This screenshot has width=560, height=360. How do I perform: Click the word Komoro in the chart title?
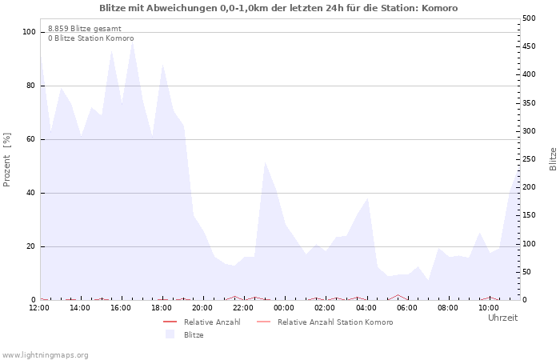[439, 8]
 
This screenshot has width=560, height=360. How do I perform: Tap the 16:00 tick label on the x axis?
[121, 308]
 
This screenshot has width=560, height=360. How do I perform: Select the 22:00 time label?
[243, 308]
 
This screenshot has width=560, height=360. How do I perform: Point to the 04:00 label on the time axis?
[366, 308]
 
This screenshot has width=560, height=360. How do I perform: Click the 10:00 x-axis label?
[489, 308]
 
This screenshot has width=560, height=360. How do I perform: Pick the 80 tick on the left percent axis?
[31, 86]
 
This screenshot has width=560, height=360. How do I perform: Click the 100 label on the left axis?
[30, 32]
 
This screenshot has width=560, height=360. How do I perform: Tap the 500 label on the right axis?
[529, 18]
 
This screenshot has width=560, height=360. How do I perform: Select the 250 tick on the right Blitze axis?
[529, 159]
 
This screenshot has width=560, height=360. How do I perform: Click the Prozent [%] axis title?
[6, 160]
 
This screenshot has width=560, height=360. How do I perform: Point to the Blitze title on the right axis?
[553, 159]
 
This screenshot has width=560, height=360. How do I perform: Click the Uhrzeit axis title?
[503, 318]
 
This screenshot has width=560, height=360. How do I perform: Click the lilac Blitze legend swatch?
[170, 334]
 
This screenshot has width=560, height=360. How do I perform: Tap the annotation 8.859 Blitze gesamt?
[85, 29]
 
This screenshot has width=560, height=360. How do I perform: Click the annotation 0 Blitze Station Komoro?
[91, 38]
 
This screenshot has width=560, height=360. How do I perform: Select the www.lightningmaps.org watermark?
[44, 355]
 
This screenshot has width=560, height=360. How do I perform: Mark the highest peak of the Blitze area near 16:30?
[133, 42]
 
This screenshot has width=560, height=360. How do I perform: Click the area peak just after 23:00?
[265, 162]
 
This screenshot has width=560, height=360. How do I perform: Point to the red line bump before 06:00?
[398, 295]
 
